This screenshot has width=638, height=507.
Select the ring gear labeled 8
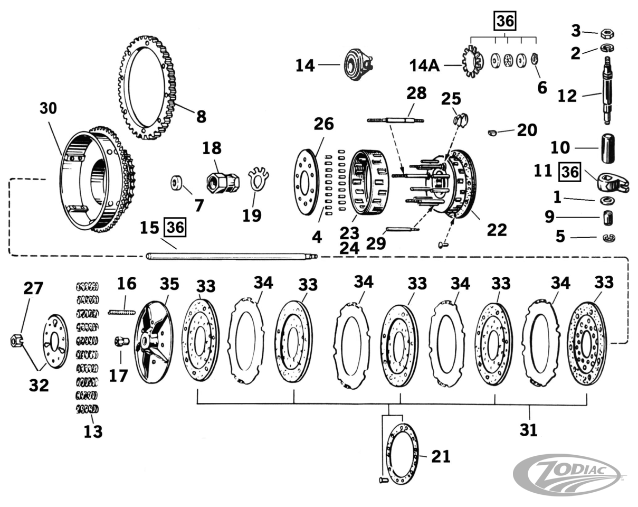[147, 88]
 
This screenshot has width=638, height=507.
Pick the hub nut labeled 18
[222, 182]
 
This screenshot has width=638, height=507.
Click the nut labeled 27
[15, 341]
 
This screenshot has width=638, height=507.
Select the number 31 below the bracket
[528, 429]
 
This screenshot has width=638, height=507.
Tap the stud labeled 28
[396, 120]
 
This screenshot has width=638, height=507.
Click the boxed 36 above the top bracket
[504, 21]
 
